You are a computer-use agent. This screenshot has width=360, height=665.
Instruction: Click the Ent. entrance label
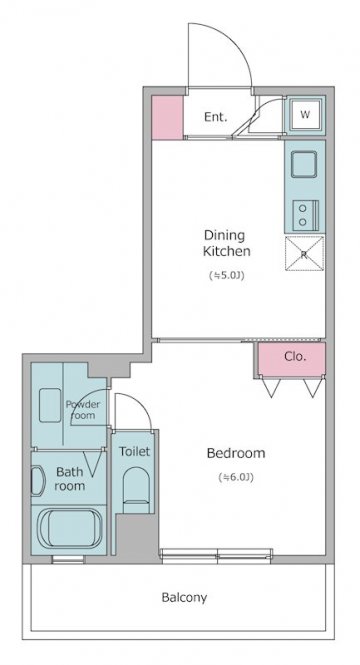[215, 117]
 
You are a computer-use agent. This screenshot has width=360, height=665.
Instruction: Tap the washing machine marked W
[305, 115]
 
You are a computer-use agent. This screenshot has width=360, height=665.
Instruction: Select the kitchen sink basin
[304, 164]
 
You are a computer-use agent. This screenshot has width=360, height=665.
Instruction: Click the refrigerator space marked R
[304, 253]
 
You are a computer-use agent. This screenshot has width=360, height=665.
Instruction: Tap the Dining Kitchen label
[226, 243]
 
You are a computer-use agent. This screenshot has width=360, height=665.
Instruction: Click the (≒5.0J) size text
[227, 276]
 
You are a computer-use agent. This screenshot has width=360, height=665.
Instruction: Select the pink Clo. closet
[292, 359]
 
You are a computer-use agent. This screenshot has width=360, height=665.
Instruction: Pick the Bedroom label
[236, 453]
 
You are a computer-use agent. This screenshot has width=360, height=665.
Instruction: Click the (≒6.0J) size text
[236, 477]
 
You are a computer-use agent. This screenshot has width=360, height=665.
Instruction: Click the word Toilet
[134, 451]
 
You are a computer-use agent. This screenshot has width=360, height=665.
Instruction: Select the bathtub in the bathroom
[69, 529]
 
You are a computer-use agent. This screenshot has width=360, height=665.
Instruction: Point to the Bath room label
[70, 478]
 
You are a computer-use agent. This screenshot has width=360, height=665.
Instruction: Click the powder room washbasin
[50, 405]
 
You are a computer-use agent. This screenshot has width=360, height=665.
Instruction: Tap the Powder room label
[83, 410]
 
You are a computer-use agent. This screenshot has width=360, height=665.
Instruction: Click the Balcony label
[184, 598]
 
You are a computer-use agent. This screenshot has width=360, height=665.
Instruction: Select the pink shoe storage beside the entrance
[167, 117]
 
